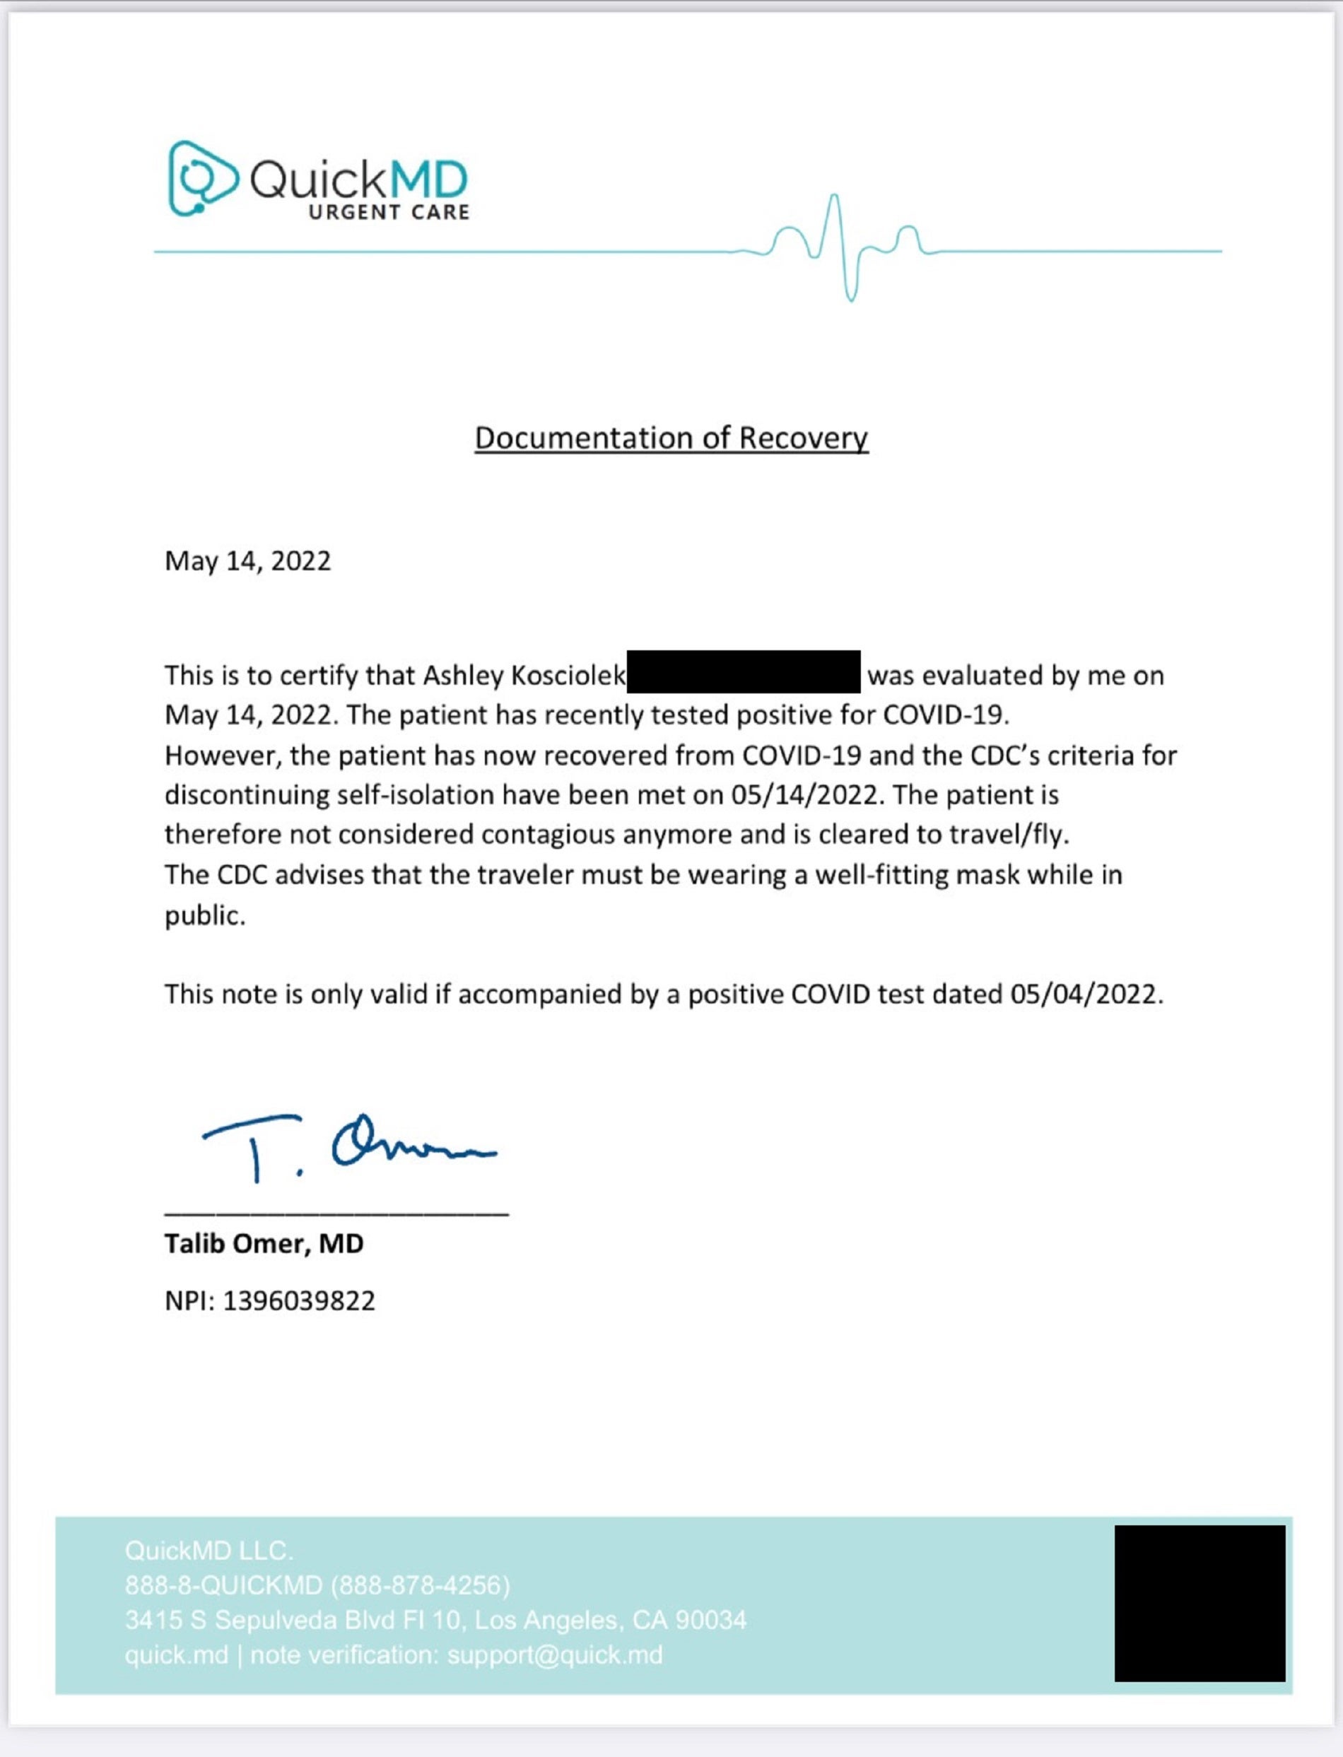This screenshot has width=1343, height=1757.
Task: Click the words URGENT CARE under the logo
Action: [x=389, y=213]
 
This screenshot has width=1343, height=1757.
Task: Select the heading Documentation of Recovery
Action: [x=671, y=438]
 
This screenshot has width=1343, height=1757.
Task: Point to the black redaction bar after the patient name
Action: [x=744, y=671]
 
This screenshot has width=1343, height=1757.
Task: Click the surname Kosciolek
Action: [x=568, y=676]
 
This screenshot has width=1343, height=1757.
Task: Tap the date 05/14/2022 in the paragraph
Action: [x=806, y=794]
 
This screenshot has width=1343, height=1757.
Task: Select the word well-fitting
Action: [x=881, y=874]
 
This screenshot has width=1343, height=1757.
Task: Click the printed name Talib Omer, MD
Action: [x=264, y=1244]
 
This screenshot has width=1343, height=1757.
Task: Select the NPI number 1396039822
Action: [x=298, y=1300]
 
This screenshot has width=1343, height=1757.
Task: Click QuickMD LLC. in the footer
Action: [x=209, y=1551]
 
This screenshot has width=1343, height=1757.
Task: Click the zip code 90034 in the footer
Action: [x=710, y=1621]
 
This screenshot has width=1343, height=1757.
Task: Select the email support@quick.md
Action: [x=555, y=1655]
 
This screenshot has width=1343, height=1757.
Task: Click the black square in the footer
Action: [x=1199, y=1603]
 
